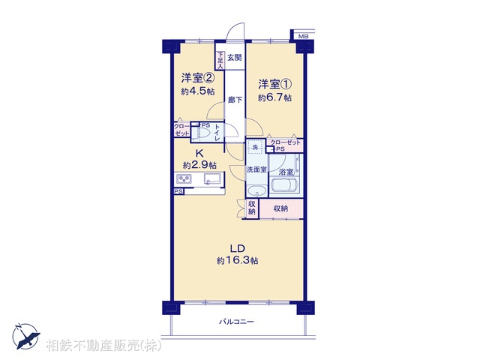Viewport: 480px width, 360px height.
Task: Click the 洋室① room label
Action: (x=274, y=83)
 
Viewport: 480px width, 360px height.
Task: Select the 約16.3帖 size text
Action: (x=237, y=260)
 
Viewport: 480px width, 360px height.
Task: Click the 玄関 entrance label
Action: (x=234, y=57)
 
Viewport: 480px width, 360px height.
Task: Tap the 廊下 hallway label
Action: (x=234, y=99)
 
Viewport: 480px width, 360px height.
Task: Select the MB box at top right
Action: (x=303, y=36)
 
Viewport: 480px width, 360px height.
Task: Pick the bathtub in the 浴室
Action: (x=286, y=187)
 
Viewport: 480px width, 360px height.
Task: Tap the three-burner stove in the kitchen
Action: (x=184, y=178)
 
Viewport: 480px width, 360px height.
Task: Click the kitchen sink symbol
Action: (x=211, y=178)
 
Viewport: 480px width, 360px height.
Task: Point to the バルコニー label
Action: (x=236, y=322)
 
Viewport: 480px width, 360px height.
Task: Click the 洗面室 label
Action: (x=256, y=170)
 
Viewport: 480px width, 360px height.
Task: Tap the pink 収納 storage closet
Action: (x=281, y=208)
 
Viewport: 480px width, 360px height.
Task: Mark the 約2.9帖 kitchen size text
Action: (x=199, y=164)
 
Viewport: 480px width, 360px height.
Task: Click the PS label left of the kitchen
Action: (x=178, y=192)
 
